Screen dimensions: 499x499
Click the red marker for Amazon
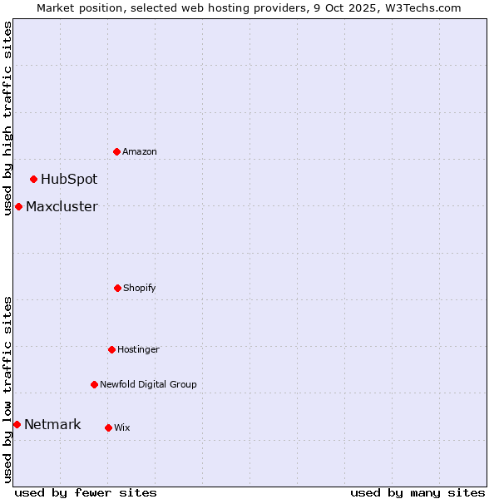116,151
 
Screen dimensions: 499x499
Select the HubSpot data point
33,179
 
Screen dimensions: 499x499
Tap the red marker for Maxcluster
18,206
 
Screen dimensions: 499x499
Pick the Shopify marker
117,288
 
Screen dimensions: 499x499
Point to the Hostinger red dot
111,349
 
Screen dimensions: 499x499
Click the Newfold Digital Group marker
94,384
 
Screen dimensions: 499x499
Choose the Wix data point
108,427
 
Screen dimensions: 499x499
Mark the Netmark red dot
17,424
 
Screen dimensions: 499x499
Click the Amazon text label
140,151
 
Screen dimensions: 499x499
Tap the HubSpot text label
69,179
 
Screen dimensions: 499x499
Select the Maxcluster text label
62,206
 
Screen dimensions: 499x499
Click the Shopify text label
140,288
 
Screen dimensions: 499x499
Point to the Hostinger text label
138,349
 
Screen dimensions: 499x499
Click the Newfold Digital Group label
148,384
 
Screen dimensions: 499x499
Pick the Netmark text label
52,424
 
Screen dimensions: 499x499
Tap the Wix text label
122,427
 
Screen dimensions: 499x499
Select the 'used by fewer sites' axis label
86,492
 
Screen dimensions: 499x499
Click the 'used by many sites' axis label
417,492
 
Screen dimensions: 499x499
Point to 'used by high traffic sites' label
7,118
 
